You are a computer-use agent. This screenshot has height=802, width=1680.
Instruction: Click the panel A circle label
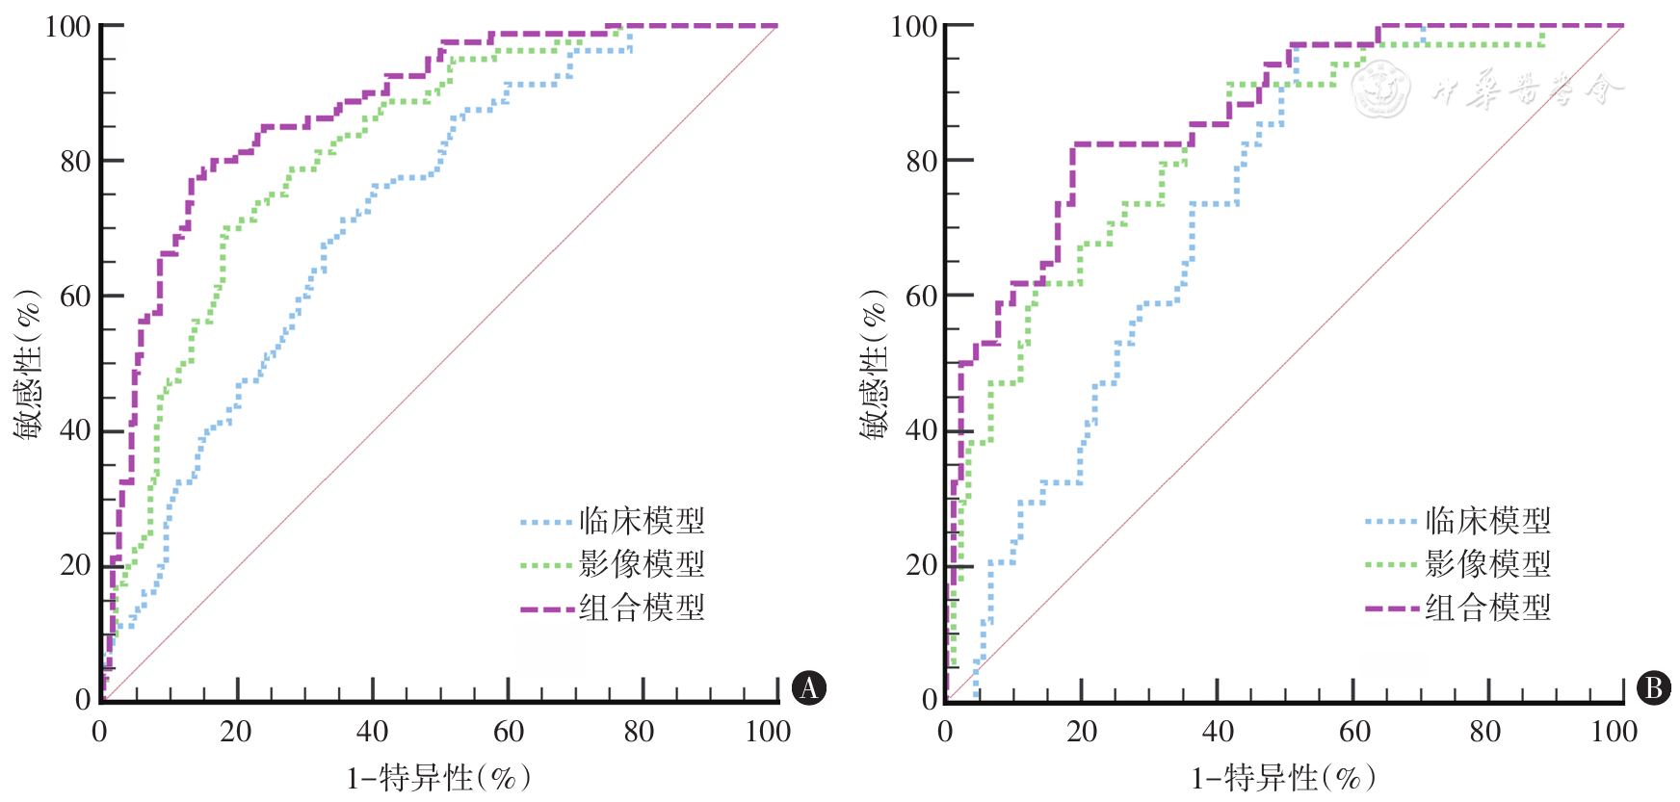(x=808, y=687)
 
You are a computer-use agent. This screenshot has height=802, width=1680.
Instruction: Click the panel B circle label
(x=1653, y=687)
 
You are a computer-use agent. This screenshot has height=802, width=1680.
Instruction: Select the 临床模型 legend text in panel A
(x=642, y=521)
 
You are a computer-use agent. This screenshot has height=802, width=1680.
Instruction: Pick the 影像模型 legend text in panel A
(x=642, y=564)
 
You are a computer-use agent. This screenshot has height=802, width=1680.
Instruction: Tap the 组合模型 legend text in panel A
(x=642, y=608)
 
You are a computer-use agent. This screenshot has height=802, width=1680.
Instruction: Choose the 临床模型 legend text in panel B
(x=1487, y=521)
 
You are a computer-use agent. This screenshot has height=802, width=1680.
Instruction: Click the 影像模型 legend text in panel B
(x=1487, y=564)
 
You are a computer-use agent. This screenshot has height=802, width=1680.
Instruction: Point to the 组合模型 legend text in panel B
(x=1487, y=608)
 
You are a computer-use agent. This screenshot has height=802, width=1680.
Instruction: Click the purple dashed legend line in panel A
(x=546, y=609)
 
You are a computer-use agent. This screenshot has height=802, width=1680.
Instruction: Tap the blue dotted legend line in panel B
(x=1391, y=522)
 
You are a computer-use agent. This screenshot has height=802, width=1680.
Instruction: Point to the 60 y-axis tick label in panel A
(x=75, y=297)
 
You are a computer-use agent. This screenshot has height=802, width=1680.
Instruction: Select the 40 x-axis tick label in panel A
(x=372, y=732)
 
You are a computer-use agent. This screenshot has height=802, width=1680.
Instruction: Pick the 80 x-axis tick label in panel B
(x=1484, y=732)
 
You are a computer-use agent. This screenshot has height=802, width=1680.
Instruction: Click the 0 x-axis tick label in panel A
(x=99, y=732)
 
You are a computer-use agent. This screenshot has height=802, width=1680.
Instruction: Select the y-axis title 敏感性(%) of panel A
(x=28, y=364)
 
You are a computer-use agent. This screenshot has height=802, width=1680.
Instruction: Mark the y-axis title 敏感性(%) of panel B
(x=874, y=364)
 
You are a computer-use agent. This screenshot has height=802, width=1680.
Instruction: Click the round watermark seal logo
(x=1379, y=90)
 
